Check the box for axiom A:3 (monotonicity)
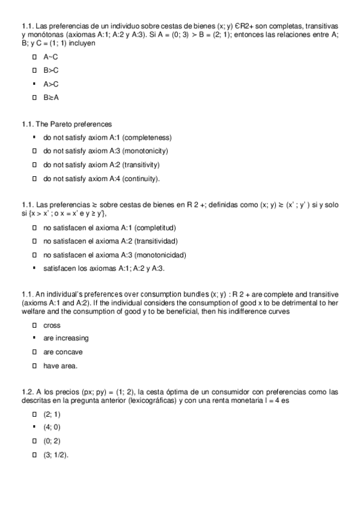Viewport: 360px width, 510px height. coord(35,151)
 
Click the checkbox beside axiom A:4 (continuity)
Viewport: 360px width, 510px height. coord(35,179)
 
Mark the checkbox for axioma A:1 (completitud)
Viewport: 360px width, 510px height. coord(35,227)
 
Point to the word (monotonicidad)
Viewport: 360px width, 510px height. coord(160,254)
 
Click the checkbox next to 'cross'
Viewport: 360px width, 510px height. coord(35,325)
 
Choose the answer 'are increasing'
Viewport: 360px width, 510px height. coord(66,339)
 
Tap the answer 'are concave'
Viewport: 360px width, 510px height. coord(63,352)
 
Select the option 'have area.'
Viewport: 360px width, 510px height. coord(60,366)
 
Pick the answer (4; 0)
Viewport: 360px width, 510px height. coord(52,428)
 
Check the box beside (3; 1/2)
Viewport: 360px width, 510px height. coord(35,455)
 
